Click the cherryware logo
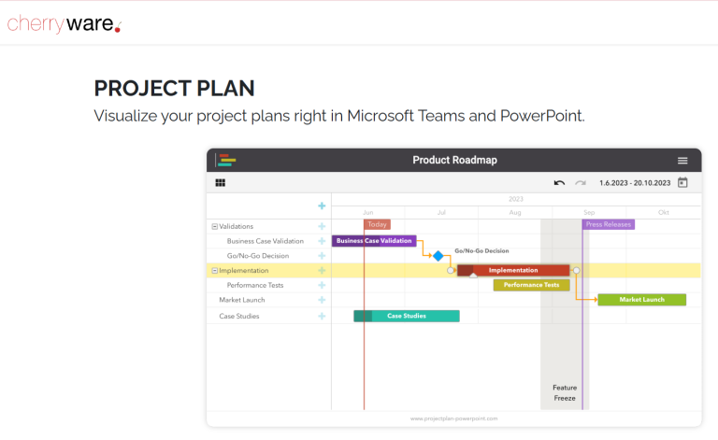[64, 23]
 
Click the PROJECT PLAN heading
[174, 89]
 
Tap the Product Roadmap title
[454, 160]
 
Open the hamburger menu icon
[682, 161]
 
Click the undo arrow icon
[559, 183]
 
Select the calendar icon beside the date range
[682, 183]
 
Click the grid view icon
[221, 183]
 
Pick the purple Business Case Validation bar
[374, 241]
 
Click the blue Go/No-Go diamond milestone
[438, 256]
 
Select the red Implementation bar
[513, 270]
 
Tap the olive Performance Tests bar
[531, 285]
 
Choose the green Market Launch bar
[641, 300]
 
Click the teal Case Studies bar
[407, 316]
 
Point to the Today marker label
[377, 224]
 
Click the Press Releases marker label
[609, 224]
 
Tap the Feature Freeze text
[565, 392]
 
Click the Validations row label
[236, 226]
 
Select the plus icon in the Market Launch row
[322, 300]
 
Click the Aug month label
[515, 213]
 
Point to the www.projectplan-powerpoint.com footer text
[453, 419]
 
